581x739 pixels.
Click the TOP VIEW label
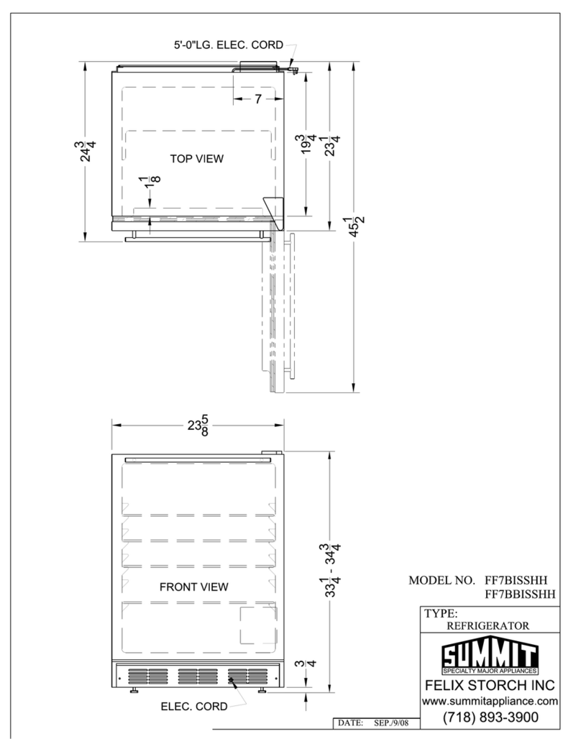196,159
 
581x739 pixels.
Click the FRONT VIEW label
194,587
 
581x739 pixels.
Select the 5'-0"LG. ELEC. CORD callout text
229,45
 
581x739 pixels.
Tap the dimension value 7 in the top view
258,99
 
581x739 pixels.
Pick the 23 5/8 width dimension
198,425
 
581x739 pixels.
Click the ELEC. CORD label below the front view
194,707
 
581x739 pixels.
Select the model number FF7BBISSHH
520,595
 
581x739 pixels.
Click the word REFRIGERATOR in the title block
488,626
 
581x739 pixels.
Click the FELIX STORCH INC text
490,685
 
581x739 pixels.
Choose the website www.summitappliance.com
490,702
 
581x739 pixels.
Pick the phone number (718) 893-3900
490,717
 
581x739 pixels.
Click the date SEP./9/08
391,722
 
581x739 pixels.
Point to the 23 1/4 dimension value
333,145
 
